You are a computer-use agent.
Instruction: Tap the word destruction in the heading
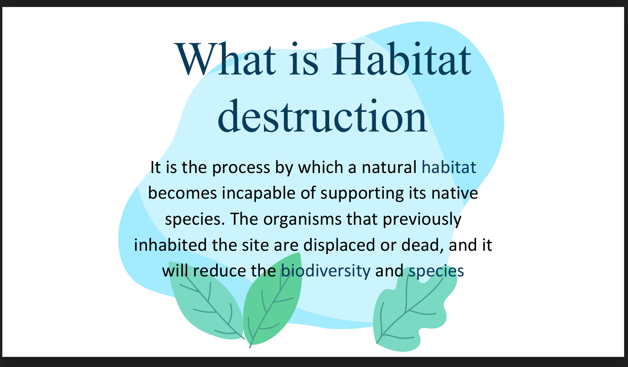point(323,116)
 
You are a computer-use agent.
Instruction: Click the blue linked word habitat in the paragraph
point(449,168)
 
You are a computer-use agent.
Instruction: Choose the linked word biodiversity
point(326,271)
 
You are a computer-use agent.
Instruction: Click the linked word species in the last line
point(436,271)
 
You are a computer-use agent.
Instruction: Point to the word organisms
point(302,219)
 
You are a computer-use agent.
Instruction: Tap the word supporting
point(362,194)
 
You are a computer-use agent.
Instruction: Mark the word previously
point(422,219)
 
